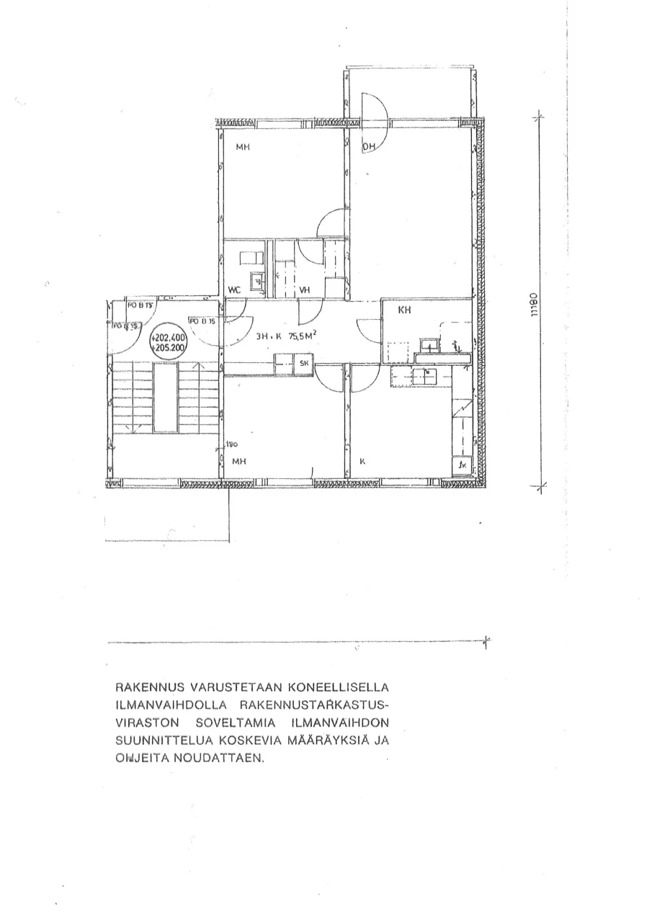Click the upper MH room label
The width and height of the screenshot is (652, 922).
pos(242,148)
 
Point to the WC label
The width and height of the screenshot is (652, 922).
pos(234,290)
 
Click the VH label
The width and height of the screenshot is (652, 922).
pos(305,290)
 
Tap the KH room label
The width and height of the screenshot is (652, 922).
pos(404,310)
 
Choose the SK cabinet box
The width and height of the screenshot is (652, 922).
pos(303,364)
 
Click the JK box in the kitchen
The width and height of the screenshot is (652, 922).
pos(461,465)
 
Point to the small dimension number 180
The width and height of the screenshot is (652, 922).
pos(233,444)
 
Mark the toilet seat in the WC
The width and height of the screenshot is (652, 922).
pos(252,257)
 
